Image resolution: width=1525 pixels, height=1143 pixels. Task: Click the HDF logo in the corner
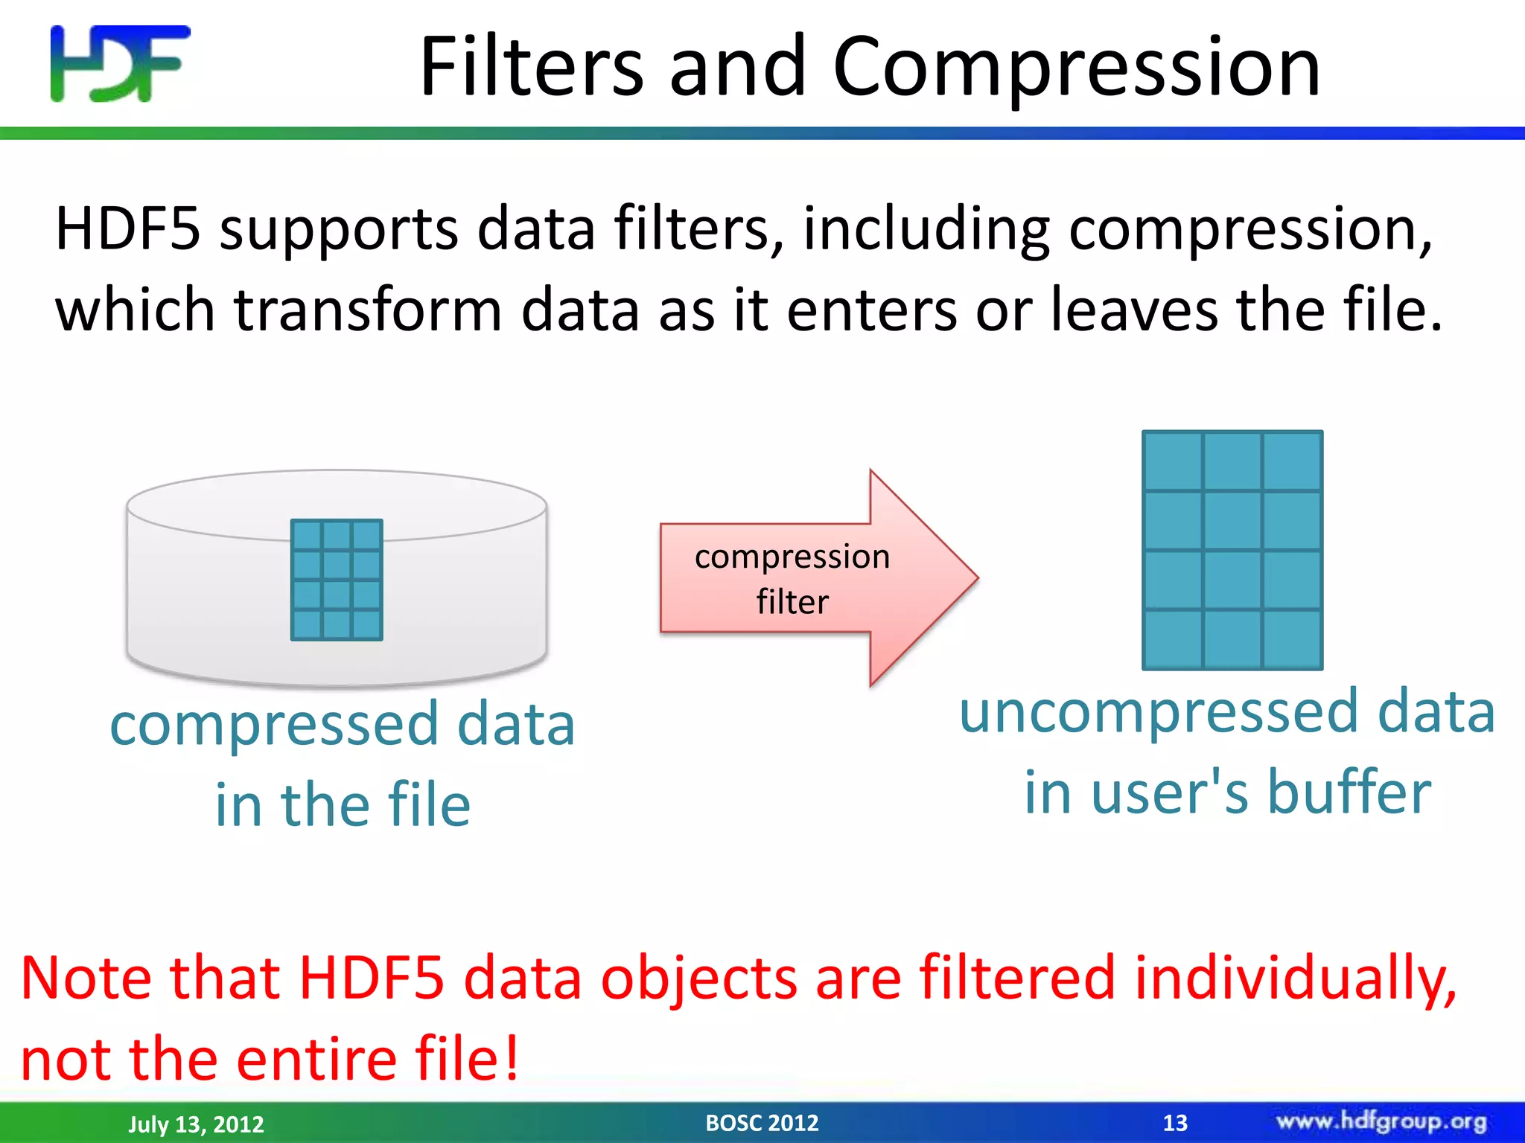point(119,64)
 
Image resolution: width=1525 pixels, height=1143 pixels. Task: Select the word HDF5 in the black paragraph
point(127,228)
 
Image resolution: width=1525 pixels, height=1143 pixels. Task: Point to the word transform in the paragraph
point(368,310)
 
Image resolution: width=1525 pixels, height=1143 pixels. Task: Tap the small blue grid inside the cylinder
point(337,580)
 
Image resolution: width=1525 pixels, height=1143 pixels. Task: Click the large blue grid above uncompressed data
point(1232,550)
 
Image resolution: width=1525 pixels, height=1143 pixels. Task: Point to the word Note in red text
point(86,977)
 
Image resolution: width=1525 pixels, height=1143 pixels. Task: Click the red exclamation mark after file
point(511,1057)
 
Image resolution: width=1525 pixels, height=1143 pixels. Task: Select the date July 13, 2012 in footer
point(196,1124)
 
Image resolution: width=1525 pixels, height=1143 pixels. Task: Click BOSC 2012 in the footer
point(762,1122)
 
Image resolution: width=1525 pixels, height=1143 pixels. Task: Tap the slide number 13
point(1175,1122)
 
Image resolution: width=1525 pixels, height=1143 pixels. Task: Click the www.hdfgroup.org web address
point(1381,1121)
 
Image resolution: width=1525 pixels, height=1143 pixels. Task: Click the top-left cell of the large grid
point(1173,461)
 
